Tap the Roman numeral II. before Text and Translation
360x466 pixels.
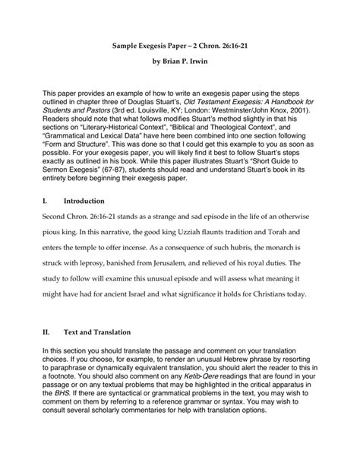47,332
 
